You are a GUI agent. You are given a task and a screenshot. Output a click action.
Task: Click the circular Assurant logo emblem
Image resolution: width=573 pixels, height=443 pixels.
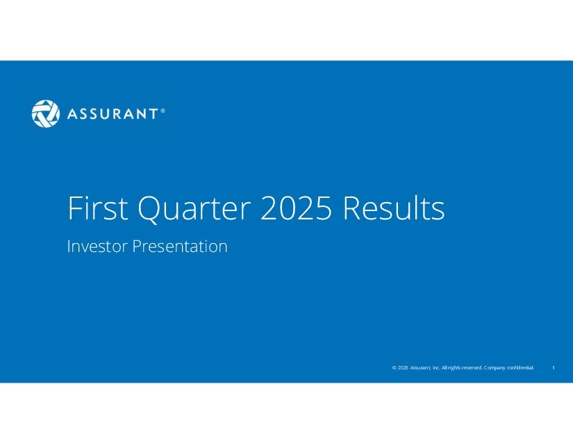tap(46, 114)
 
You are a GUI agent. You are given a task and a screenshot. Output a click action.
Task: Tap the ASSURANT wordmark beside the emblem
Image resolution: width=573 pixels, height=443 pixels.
tap(113, 114)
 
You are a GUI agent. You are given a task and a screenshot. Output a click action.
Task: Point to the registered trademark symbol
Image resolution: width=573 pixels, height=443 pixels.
tap(163, 110)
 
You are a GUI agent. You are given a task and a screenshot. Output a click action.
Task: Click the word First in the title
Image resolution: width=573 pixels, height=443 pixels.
tap(98, 208)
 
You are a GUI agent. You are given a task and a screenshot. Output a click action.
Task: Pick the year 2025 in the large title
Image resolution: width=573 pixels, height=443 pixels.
tap(297, 208)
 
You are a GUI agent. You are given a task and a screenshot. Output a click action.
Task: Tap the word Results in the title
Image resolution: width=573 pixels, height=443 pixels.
tap(394, 208)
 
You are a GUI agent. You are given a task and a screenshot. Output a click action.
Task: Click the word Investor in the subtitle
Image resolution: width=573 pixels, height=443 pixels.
tap(97, 246)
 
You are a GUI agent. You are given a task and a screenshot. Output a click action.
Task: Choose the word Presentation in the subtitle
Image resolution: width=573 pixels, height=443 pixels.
tap(180, 246)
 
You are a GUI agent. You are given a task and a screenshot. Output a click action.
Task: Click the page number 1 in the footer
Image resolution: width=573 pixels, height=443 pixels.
tap(554, 367)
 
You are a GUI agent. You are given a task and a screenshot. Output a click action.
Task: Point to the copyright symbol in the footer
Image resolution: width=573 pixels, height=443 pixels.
tap(395, 368)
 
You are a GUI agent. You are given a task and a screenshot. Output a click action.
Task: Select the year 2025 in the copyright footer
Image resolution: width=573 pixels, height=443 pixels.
tap(403, 368)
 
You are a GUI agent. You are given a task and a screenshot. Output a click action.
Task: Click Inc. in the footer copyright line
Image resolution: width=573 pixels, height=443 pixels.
tap(436, 368)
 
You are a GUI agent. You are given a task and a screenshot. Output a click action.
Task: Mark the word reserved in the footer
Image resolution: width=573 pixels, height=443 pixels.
tap(472, 368)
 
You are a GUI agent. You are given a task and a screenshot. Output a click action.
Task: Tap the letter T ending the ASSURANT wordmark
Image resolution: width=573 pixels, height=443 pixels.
tap(153, 114)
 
